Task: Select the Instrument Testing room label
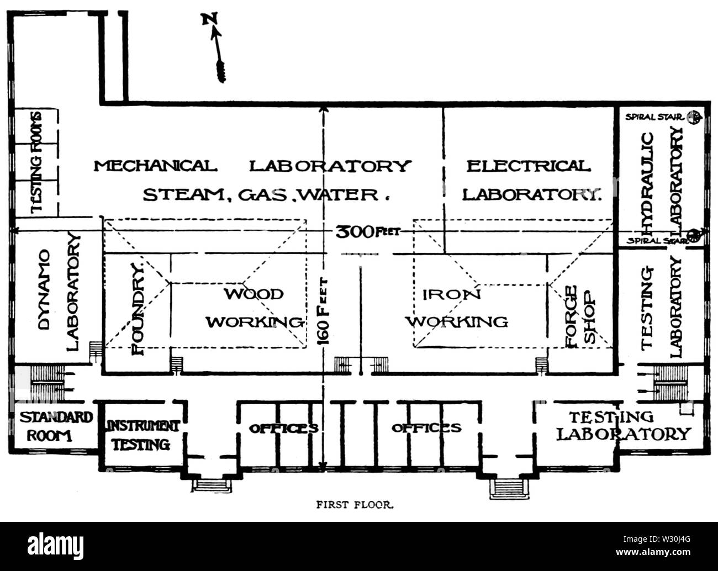(x=142, y=435)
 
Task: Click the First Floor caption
(x=355, y=504)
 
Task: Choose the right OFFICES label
(x=426, y=428)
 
